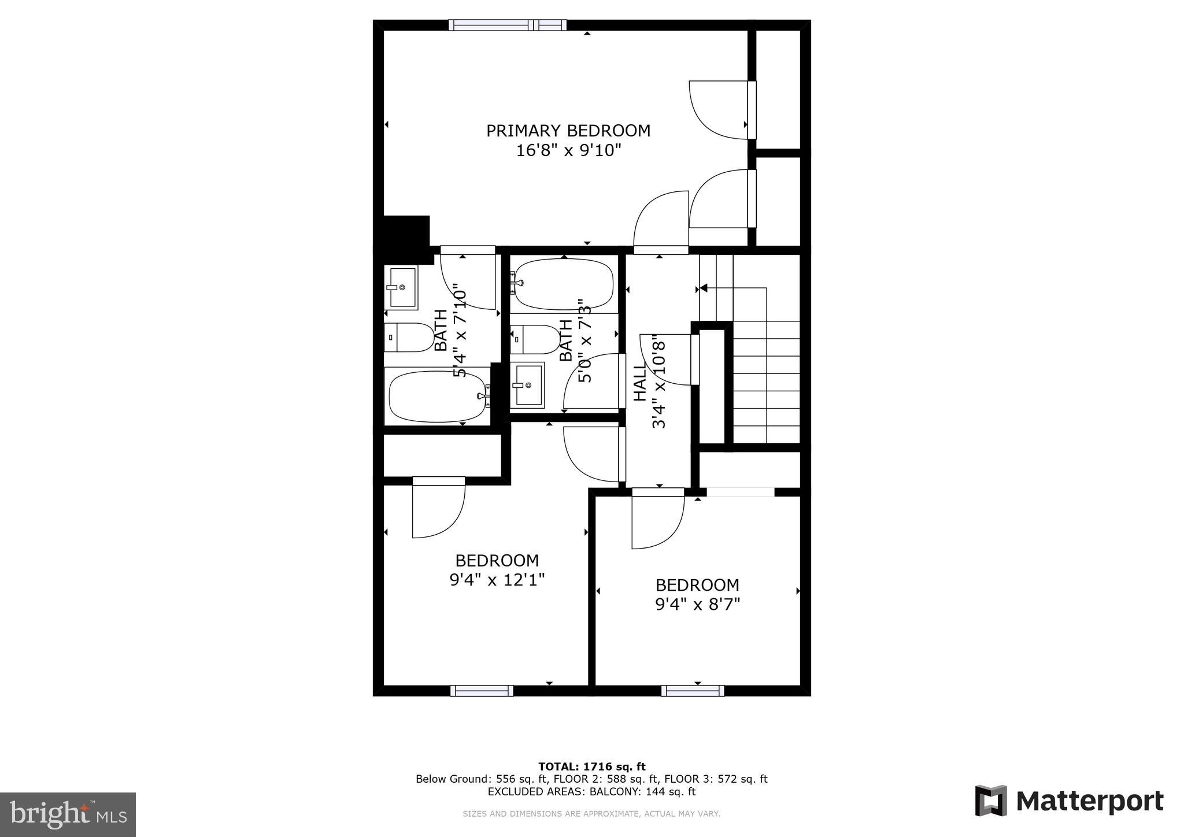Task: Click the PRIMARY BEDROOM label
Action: click(x=568, y=131)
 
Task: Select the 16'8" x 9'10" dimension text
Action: click(x=568, y=151)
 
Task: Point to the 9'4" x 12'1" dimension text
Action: click(x=497, y=579)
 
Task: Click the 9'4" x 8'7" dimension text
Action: click(x=697, y=604)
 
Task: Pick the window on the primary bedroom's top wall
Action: click(x=507, y=25)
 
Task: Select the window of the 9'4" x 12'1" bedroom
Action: click(x=481, y=690)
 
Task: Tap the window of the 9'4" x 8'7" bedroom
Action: click(x=692, y=690)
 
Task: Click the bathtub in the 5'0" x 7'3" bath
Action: click(x=563, y=283)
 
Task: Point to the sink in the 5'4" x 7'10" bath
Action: click(x=401, y=287)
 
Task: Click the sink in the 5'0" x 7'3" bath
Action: click(x=527, y=384)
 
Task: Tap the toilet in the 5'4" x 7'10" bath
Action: click(x=409, y=338)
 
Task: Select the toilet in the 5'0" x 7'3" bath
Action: click(x=535, y=339)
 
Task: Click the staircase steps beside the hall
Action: click(x=766, y=382)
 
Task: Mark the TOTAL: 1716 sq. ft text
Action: click(x=591, y=766)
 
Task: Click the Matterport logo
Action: click(x=1069, y=801)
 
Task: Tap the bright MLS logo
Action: click(x=68, y=814)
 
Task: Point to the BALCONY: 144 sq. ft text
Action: click(x=642, y=791)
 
